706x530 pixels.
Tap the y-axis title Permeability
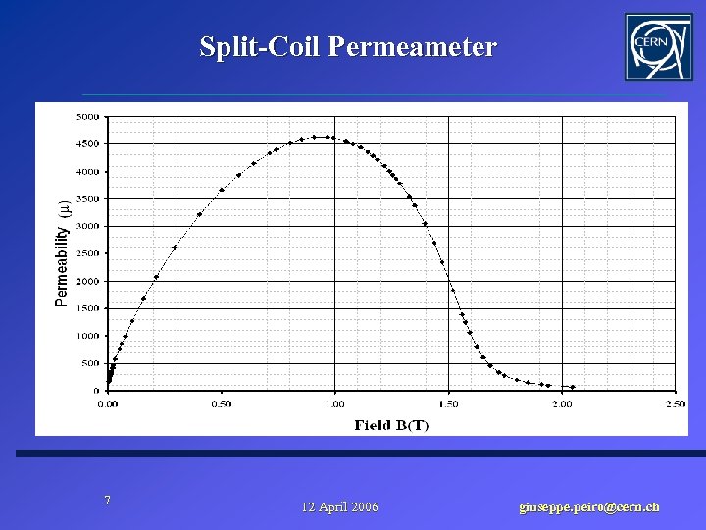(63, 253)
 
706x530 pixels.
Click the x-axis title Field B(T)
(391, 425)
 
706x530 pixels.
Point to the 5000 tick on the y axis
(87, 117)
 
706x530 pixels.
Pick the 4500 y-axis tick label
(87, 144)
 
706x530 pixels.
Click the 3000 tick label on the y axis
(87, 226)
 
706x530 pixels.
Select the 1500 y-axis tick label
(87, 308)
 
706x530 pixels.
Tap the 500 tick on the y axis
(89, 363)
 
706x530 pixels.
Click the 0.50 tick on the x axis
(222, 403)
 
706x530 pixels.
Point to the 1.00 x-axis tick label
(334, 403)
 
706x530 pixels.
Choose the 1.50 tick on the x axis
(448, 403)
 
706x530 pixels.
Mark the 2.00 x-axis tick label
(562, 403)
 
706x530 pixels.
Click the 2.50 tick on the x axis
(675, 403)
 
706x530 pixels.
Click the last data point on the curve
(573, 387)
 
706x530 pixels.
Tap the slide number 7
(108, 501)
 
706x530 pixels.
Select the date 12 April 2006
(339, 507)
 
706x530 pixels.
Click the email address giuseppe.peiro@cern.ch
(588, 507)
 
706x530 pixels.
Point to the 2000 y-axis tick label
(87, 281)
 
